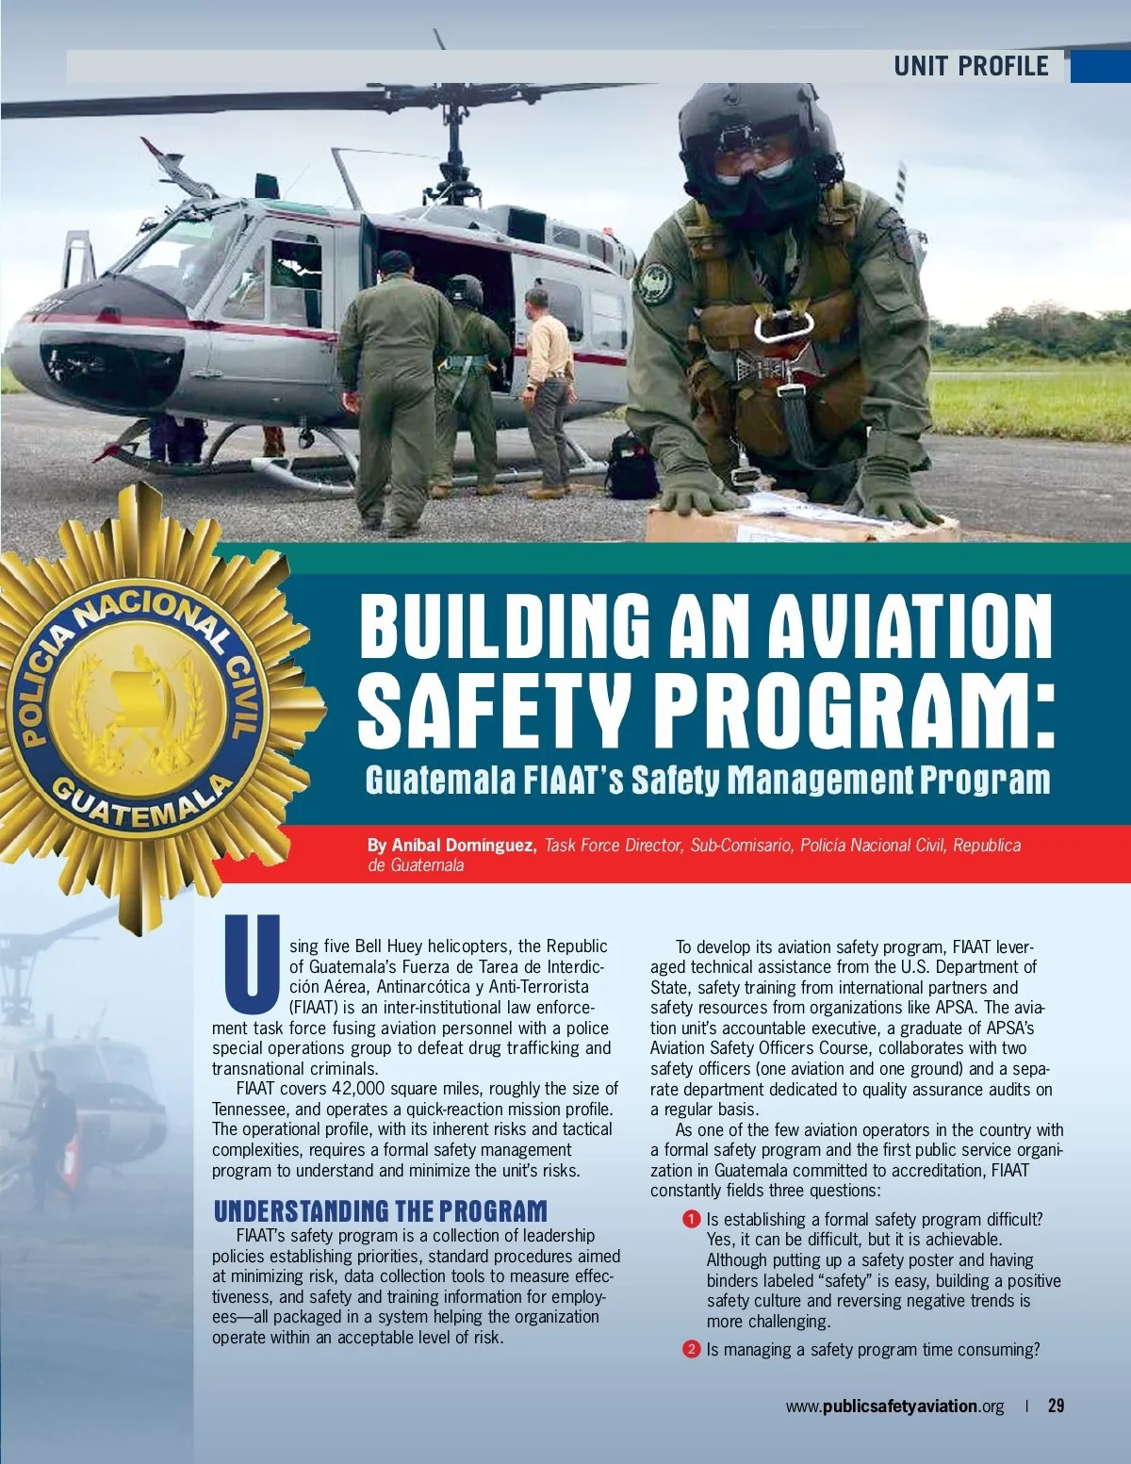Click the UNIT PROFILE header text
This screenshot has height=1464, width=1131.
tap(971, 66)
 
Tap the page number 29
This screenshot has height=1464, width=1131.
tap(1056, 1406)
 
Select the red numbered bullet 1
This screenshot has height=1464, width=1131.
tap(691, 1219)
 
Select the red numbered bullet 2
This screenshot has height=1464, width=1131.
tap(691, 1349)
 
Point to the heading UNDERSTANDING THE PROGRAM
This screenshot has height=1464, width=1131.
tap(380, 1210)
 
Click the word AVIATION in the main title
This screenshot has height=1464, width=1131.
tap(910, 626)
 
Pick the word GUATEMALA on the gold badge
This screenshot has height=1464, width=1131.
tap(141, 801)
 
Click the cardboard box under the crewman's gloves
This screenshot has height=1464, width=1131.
tap(801, 521)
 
